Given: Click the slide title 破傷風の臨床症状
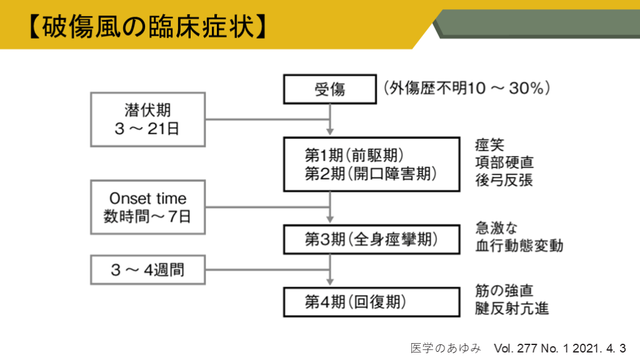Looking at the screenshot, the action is point(149,27).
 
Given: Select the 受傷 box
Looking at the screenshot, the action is point(330,89).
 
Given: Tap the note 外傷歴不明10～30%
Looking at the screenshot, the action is point(467,88).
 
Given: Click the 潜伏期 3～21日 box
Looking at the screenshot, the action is point(147,119).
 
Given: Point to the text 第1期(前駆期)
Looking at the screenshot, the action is point(354,155).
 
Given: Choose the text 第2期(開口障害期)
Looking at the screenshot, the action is point(371,174).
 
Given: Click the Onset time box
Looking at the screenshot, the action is point(147,207).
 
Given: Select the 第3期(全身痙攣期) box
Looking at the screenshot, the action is point(371,239).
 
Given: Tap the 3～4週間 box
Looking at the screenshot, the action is point(147,270).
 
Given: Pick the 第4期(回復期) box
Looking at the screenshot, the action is point(371,302).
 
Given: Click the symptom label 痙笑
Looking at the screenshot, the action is point(489,145).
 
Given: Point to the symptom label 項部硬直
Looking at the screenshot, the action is point(504,162).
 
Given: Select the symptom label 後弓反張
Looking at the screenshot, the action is point(504,180).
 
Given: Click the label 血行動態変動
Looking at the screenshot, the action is point(519,246).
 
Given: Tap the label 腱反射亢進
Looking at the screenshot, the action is point(511,309).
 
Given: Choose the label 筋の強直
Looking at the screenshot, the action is point(504,291).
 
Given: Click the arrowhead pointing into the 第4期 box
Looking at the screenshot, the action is point(330,282).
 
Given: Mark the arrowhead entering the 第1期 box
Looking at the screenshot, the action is point(330,131).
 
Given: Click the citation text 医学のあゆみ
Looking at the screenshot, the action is point(446,348).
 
